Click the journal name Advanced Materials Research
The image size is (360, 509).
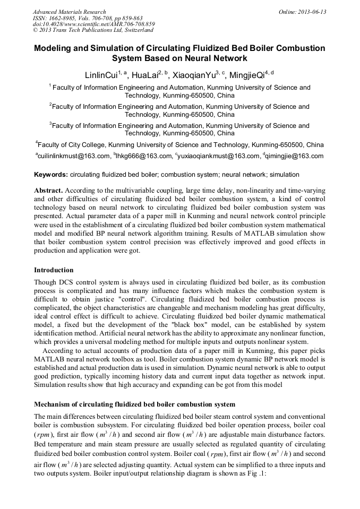pyautogui.click(x=69, y=12)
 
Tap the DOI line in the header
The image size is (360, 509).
pyautogui.click(x=93, y=24)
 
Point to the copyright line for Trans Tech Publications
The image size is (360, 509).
pyautogui.click(x=93, y=31)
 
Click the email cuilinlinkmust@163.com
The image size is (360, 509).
pyautogui.click(x=72, y=156)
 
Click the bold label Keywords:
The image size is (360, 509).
pyautogui.click(x=51, y=175)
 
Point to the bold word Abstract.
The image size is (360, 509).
pyautogui.click(x=49, y=190)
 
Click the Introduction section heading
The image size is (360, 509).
pyautogui.click(x=54, y=270)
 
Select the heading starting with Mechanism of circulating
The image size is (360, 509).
pyautogui.click(x=134, y=404)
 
